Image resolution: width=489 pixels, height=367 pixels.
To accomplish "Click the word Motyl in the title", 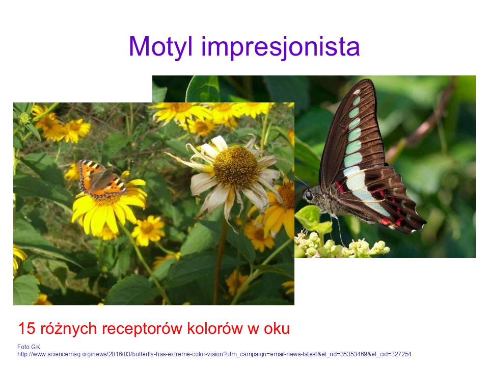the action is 160,47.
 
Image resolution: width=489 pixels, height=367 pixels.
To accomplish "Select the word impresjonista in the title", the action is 280,47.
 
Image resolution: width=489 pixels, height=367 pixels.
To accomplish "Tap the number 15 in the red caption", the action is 27,328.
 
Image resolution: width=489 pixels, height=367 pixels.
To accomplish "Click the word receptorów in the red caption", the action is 142,329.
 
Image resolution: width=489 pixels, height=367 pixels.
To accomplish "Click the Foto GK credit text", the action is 29,347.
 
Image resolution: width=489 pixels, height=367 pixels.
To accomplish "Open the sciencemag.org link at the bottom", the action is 214,354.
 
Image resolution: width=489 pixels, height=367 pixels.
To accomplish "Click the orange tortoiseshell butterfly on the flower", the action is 102,179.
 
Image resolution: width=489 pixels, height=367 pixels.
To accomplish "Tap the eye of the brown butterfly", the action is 309,196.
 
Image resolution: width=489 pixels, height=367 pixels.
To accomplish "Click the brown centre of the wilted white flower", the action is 235,166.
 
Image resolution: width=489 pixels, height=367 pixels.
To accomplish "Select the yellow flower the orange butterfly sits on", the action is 109,206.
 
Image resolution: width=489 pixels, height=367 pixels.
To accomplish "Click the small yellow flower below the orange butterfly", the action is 148,230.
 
